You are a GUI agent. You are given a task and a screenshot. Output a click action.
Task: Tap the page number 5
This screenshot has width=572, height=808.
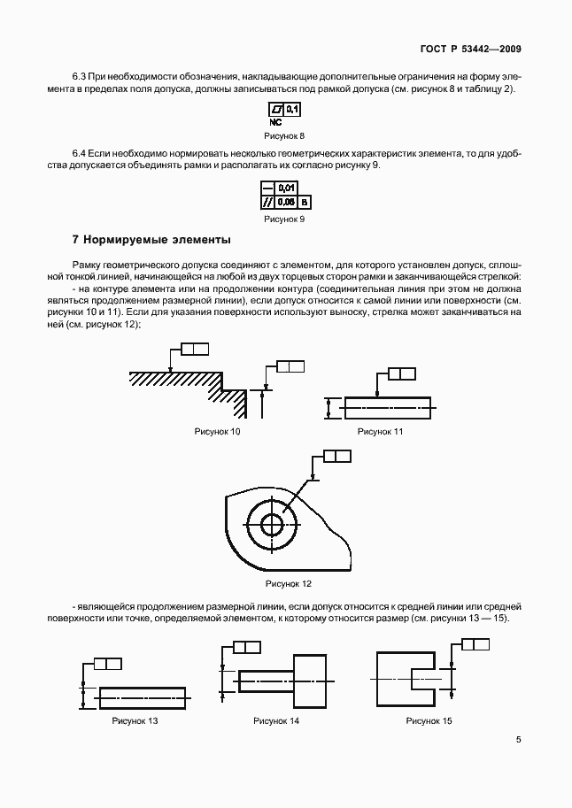tap(518, 742)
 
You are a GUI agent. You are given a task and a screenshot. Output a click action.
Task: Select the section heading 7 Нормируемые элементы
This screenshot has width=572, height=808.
tap(151, 239)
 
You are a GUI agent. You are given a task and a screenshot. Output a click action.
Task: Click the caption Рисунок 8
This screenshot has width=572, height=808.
tap(284, 135)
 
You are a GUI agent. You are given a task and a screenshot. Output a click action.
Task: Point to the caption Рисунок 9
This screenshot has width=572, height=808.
tap(284, 218)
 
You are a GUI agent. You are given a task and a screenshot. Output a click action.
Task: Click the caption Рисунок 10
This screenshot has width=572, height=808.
tap(217, 431)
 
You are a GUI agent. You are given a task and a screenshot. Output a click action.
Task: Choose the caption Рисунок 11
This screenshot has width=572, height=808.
tap(380, 431)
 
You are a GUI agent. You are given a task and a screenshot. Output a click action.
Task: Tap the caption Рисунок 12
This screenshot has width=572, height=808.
tap(289, 584)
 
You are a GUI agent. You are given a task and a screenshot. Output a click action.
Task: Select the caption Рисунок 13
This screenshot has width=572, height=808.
tap(135, 721)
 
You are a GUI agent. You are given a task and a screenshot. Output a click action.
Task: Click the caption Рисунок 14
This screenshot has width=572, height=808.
tap(276, 721)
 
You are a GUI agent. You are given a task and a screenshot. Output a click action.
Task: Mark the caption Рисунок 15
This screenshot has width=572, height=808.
tap(429, 721)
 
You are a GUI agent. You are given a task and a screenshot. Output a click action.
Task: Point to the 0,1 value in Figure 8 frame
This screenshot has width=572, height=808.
tap(292, 110)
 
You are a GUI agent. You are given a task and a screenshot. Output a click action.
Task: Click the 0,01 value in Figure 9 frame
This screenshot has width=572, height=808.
tap(286, 188)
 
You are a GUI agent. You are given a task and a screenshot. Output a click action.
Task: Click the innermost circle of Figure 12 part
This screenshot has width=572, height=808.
tap(272, 525)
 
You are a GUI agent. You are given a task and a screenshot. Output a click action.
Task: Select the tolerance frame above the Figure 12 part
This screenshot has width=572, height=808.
tap(337, 456)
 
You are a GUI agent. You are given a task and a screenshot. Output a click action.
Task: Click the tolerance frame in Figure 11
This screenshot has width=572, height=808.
tap(401, 374)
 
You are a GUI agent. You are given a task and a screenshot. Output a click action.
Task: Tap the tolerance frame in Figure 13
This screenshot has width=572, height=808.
tap(107, 664)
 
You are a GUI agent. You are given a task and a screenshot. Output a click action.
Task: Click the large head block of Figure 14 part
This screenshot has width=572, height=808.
tap(312, 681)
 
